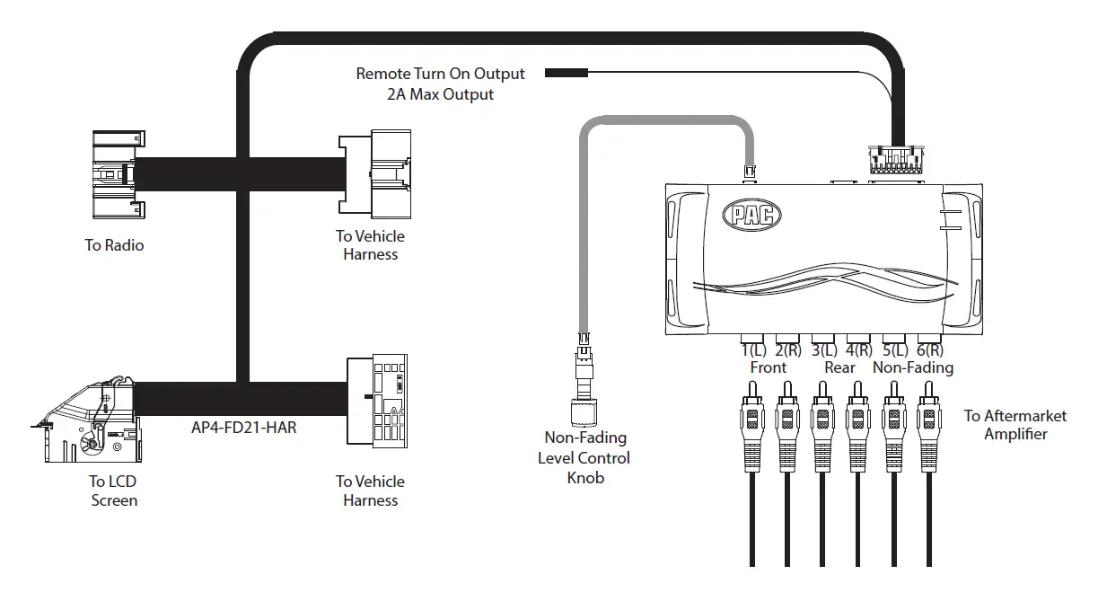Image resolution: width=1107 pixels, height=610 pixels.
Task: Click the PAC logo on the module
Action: (751, 214)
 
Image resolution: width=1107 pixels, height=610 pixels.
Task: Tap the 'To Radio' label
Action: (114, 245)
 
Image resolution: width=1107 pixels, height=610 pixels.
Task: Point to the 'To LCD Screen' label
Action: (114, 491)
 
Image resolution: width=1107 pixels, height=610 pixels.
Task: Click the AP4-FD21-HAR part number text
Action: (243, 428)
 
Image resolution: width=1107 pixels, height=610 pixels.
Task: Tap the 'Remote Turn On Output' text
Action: (440, 74)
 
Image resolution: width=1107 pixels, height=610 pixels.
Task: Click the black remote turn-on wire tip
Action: (566, 73)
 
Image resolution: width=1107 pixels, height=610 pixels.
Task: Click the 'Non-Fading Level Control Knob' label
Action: (584, 457)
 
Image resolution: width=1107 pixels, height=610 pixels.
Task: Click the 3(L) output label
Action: (823, 350)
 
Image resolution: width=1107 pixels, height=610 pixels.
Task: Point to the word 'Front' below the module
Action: (768, 367)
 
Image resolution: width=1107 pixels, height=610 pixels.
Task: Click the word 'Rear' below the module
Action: (839, 367)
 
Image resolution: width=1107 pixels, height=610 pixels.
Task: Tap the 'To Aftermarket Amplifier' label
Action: (1015, 425)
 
